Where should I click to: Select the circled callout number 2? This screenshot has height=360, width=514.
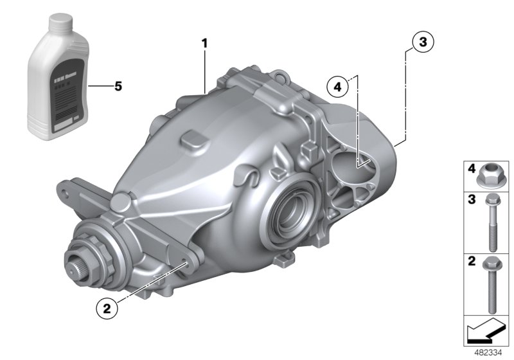click(x=107, y=308)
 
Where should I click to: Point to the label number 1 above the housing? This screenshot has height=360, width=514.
click(x=205, y=44)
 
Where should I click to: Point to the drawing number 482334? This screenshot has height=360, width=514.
click(x=489, y=353)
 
